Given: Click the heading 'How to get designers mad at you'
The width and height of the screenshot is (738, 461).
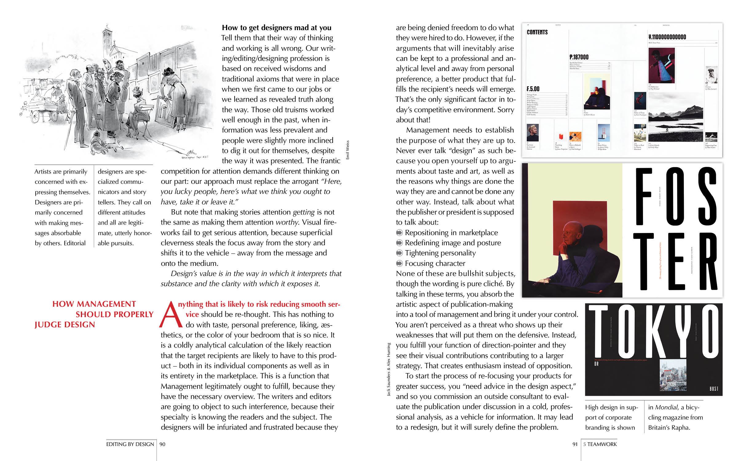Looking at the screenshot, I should pos(276,28).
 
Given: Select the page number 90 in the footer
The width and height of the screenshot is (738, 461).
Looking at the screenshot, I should pos(162,444).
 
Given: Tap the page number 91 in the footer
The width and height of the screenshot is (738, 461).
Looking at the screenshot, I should pos(575,444).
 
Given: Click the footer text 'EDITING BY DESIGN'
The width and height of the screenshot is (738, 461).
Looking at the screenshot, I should pos(130,444).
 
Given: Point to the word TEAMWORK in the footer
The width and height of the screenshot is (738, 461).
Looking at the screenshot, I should pos(602,444).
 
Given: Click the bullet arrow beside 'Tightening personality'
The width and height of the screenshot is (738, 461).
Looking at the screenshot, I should pos(399,253).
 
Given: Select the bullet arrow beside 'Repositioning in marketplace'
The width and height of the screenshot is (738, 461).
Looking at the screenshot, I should pos(399,233).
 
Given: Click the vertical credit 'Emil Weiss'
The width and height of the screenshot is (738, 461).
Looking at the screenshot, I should pos(348,150).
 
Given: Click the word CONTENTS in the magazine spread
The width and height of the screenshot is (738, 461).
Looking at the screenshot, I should pos(537,32).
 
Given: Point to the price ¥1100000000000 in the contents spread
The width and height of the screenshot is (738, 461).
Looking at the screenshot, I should pos(667,37).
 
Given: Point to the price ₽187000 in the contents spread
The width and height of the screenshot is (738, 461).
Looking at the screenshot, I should pos(579,57).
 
